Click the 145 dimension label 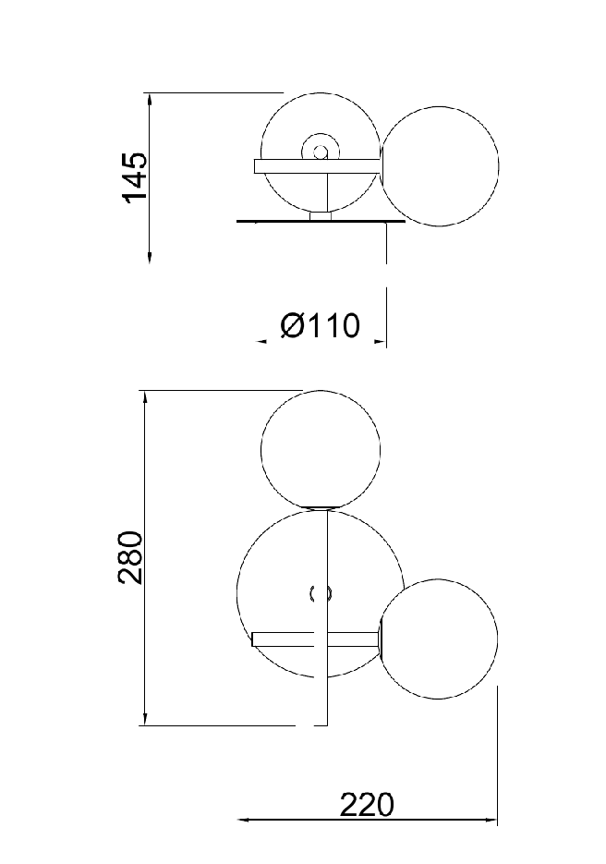(x=135, y=176)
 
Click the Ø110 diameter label (x=320, y=325)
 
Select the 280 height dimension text (x=130, y=557)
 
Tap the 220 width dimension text (x=367, y=805)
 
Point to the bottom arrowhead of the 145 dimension (x=150, y=257)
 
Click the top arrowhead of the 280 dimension (x=144, y=398)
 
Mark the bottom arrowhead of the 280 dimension (x=144, y=719)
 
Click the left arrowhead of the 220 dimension (x=244, y=820)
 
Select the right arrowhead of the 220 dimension (x=491, y=820)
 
